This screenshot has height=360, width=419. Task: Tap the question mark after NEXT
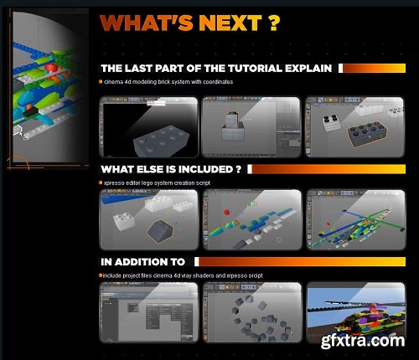coord(272,23)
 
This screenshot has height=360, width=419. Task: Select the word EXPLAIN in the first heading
coord(308,68)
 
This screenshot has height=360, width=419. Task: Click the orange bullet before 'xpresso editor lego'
coord(100,182)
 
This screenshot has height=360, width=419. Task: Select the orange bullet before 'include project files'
coord(100,274)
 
